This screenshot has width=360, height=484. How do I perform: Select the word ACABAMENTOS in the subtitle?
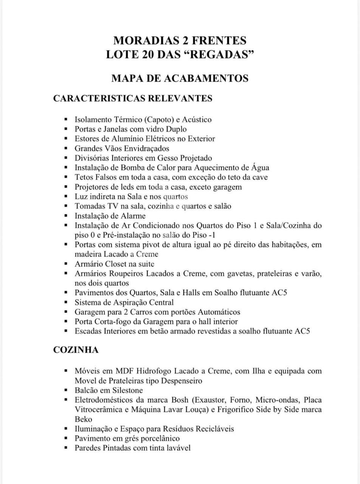coord(206,78)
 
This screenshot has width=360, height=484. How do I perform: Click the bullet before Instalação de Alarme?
coord(66,216)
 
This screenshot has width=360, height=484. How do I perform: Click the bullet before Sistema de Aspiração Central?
coord(66,302)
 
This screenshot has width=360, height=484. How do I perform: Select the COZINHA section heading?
coord(76,350)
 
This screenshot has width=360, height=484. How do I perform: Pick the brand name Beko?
coord(84,419)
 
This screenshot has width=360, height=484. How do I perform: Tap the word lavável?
coord(178,448)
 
